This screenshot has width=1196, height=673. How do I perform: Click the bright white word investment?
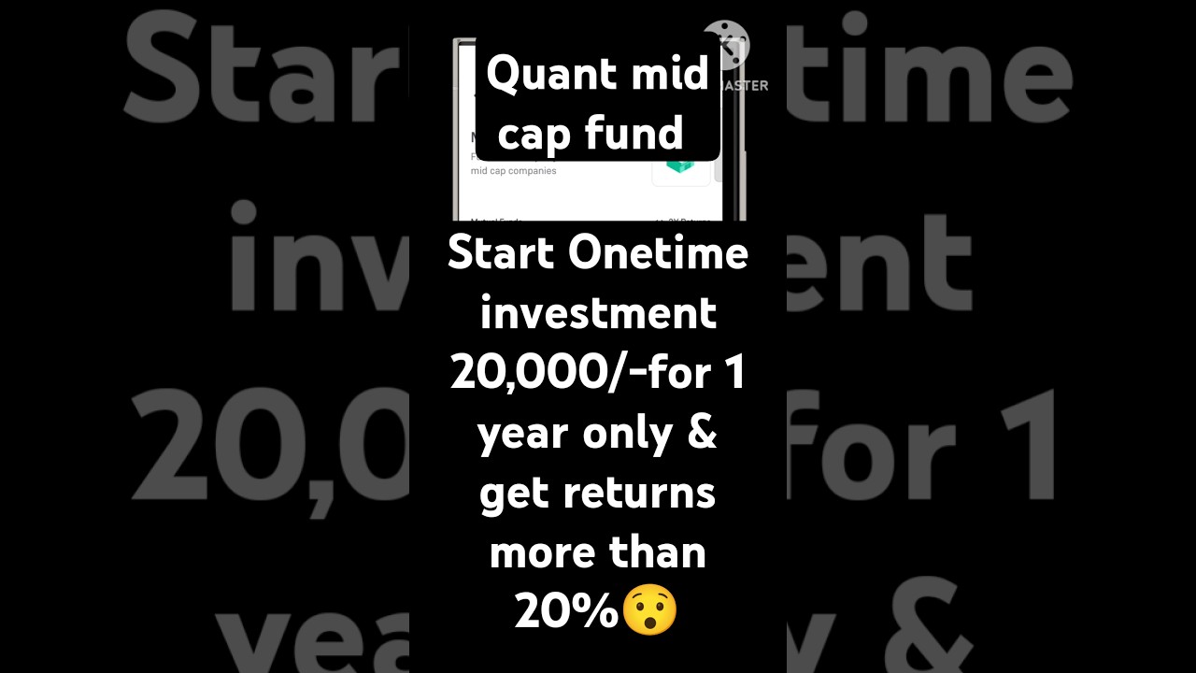(598, 314)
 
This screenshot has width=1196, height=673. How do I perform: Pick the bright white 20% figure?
(567, 611)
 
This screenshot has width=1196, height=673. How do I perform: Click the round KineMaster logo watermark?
(726, 44)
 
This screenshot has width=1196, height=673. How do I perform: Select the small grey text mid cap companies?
(513, 171)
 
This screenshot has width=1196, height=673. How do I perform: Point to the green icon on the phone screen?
(679, 166)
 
